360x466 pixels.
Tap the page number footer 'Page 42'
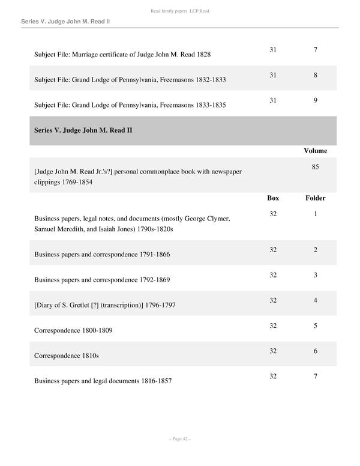(x=179, y=439)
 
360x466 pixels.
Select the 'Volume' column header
(x=315, y=151)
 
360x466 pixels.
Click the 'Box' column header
(x=273, y=198)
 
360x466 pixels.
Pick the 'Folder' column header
(x=315, y=198)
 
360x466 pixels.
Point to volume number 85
(x=315, y=167)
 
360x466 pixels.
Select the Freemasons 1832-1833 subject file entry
(x=130, y=80)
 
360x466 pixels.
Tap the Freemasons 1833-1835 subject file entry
(x=130, y=105)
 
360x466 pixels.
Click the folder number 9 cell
(x=315, y=100)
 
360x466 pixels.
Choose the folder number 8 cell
(x=315, y=75)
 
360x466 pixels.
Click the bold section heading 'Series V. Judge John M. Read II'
(x=83, y=130)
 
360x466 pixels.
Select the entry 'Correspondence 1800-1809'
(x=73, y=330)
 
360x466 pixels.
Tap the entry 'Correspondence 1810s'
(x=67, y=356)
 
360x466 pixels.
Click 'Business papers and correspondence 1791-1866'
(x=102, y=254)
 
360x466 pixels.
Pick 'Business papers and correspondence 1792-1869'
(x=102, y=279)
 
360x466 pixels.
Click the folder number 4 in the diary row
(x=315, y=300)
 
